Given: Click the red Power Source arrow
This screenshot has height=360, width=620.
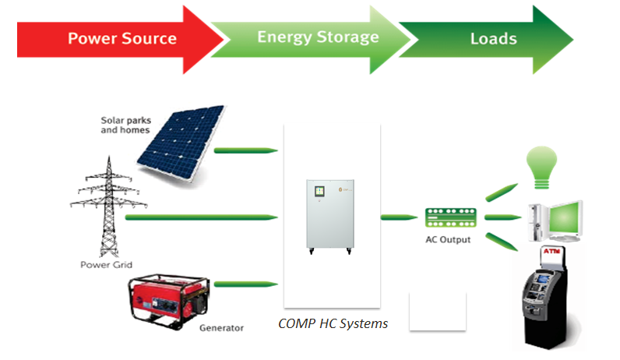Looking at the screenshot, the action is coord(118,40).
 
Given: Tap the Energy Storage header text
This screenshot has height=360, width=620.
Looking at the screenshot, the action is coord(318,37).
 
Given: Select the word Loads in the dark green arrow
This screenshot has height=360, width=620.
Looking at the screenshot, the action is coord(494,39).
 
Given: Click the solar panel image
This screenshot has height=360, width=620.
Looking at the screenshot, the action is coord(180,144).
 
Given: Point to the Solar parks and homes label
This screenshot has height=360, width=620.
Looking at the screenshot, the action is coord(125,125).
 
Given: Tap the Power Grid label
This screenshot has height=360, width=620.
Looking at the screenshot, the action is coord(106,265).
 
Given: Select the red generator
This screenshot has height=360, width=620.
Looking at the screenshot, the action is coord(169,302).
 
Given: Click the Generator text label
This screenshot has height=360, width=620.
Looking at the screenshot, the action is coord(221,328).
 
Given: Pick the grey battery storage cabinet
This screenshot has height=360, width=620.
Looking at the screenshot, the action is coord(330,217).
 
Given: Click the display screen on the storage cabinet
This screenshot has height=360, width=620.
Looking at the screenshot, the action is coord(319,192).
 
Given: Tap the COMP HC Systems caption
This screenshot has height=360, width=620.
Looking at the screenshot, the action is coord(333,323).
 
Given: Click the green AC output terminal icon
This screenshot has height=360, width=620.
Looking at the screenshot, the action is coord(451,217).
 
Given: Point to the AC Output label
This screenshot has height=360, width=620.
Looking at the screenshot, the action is coord(448,240).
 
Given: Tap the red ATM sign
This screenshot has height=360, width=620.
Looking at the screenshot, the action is coord(551,251).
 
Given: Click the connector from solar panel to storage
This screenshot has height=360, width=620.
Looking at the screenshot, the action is coord(246,150).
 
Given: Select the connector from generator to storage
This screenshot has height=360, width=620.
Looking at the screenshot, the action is coord(246,284).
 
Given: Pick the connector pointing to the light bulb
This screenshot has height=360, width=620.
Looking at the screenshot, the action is coord(502,192).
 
